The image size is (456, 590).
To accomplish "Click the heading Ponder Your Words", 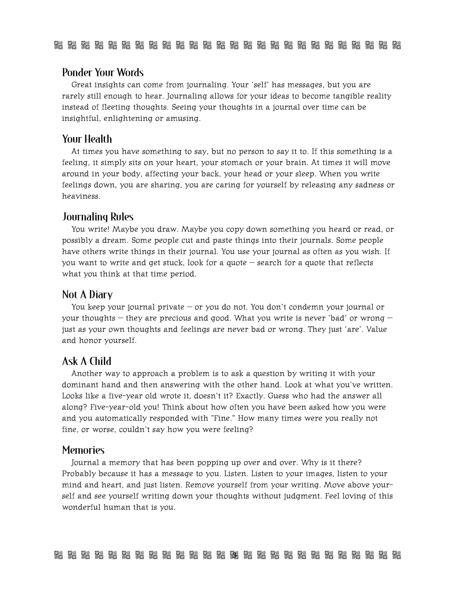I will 103,72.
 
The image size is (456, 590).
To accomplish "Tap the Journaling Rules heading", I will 98,217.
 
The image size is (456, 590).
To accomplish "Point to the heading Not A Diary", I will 87,295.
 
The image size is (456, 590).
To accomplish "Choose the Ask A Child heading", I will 86,361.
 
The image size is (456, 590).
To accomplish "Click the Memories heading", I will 83,450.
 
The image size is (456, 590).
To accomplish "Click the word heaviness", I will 81,196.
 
